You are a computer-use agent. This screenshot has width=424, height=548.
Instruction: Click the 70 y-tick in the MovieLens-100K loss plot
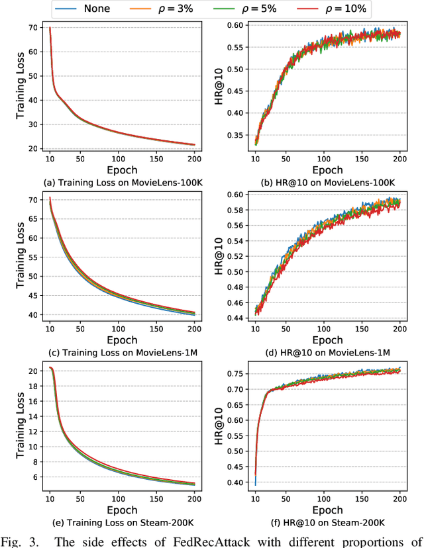point(32,28)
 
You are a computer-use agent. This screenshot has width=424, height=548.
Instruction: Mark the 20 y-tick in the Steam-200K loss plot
point(32,371)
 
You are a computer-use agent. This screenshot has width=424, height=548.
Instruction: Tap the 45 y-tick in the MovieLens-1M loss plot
point(32,295)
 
